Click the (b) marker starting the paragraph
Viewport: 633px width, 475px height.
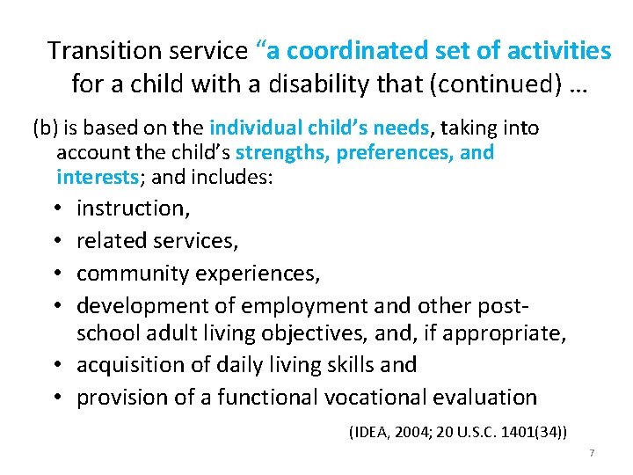45,128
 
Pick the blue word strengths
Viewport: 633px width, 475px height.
280,152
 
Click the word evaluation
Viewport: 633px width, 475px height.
489,397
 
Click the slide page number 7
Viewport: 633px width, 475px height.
592,452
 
